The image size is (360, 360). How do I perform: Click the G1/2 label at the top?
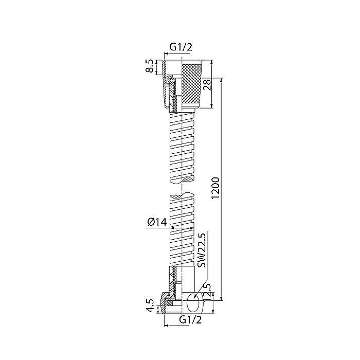[x=181, y=47]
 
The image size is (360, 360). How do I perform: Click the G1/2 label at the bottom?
[x=191, y=319]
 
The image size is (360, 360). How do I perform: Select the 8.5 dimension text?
[x=150, y=66]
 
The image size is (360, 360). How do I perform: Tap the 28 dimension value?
[x=207, y=85]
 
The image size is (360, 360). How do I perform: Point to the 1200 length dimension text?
[x=216, y=188]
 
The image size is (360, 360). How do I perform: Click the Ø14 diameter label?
[x=157, y=222]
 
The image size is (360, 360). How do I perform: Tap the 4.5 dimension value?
[x=150, y=305]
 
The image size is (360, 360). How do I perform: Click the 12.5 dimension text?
[x=207, y=292]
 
